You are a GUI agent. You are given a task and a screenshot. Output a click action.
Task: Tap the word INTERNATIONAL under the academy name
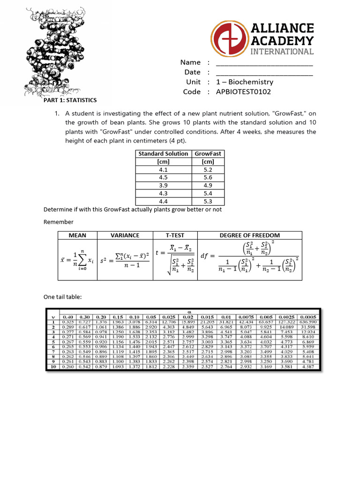click(x=282, y=51)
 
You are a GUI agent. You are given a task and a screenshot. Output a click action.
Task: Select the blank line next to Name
click(x=264, y=63)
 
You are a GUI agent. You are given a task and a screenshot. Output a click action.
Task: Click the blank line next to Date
click(x=264, y=73)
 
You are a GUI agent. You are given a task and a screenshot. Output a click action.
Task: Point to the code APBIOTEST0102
click(x=243, y=91)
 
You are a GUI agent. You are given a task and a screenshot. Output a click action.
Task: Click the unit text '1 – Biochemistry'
click(x=244, y=82)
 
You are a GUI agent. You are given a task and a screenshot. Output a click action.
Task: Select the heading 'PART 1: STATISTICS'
click(x=70, y=100)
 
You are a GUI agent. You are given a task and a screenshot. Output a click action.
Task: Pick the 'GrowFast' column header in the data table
click(x=208, y=153)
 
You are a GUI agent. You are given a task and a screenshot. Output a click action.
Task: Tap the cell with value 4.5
click(x=164, y=177)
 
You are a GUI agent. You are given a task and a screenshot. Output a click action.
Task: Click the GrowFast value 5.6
click(x=208, y=177)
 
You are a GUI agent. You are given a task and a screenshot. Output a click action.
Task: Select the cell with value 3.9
click(x=164, y=185)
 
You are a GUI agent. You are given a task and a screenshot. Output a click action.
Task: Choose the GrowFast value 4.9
click(x=208, y=185)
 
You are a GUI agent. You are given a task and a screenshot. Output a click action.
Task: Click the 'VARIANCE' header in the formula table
click(x=125, y=235)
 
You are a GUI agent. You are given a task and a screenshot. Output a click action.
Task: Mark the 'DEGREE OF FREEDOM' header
click(x=250, y=235)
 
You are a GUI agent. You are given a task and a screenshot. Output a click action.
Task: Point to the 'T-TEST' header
click(x=175, y=235)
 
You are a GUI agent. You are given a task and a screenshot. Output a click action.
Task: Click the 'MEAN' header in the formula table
click(x=78, y=235)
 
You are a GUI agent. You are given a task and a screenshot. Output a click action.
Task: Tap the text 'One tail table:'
click(x=63, y=297)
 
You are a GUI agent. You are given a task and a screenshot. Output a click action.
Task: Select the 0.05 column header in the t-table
click(x=151, y=317)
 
